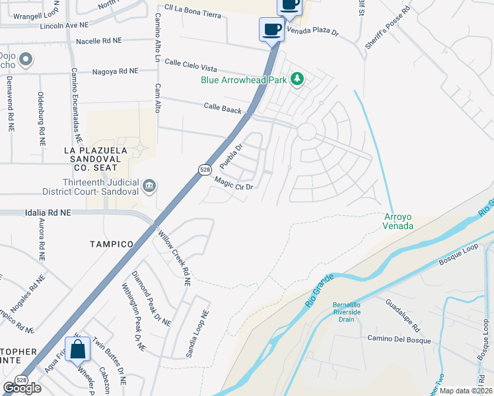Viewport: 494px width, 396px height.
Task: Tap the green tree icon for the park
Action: tap(297, 79)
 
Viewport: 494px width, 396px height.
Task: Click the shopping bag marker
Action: tap(78, 348)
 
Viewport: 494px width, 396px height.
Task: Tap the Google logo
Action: tap(22, 388)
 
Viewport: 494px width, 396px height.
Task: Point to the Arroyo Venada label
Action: tap(399, 221)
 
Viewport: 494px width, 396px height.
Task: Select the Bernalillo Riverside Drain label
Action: tap(343, 312)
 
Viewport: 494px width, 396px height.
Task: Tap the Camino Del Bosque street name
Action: tap(399, 341)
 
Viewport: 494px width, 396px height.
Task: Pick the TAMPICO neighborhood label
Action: tap(112, 244)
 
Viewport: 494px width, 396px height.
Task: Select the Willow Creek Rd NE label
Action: tap(174, 257)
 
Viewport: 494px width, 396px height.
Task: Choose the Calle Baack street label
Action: tap(223, 108)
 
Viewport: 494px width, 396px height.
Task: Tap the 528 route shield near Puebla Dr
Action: tap(205, 170)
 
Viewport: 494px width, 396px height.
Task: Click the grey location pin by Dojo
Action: tap(26, 61)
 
